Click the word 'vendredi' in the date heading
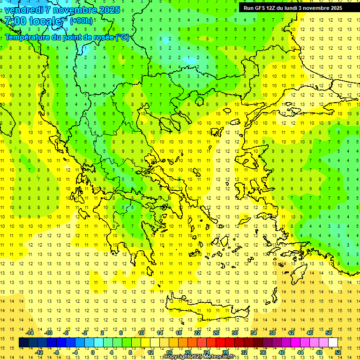click(24, 10)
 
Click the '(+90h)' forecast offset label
click(81, 21)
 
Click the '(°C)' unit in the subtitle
click(122, 37)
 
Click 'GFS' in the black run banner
click(261, 8)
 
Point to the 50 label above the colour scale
click(328, 333)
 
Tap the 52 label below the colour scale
click(337, 352)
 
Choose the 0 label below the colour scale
click(93, 352)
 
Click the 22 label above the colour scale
click(197, 333)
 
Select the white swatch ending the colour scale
click(333, 343)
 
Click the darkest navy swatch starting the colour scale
click(24, 343)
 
